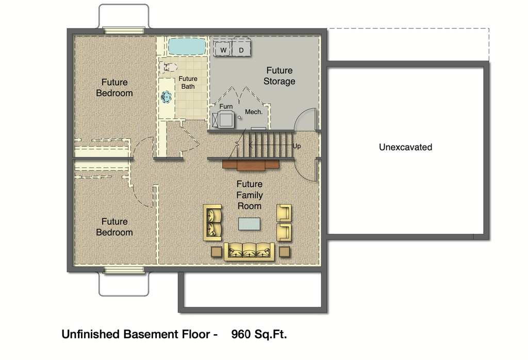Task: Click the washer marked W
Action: [x=223, y=49]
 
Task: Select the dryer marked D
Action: [x=241, y=49]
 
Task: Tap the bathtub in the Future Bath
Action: [x=187, y=46]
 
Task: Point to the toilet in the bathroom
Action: [x=169, y=67]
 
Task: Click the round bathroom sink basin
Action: [x=166, y=97]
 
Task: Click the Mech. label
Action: [x=254, y=112]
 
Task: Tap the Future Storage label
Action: [x=279, y=76]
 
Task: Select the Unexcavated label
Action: [x=405, y=147]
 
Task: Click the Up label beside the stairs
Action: [x=296, y=146]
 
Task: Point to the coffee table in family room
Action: [x=249, y=224]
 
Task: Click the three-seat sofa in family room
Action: [x=249, y=252]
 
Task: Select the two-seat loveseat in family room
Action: [x=212, y=222]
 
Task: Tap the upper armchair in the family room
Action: [x=284, y=213]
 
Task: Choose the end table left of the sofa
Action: [x=217, y=252]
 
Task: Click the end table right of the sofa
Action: [x=285, y=252]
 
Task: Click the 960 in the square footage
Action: [x=241, y=334]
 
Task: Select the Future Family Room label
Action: [x=250, y=195]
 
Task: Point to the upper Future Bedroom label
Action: [x=114, y=88]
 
